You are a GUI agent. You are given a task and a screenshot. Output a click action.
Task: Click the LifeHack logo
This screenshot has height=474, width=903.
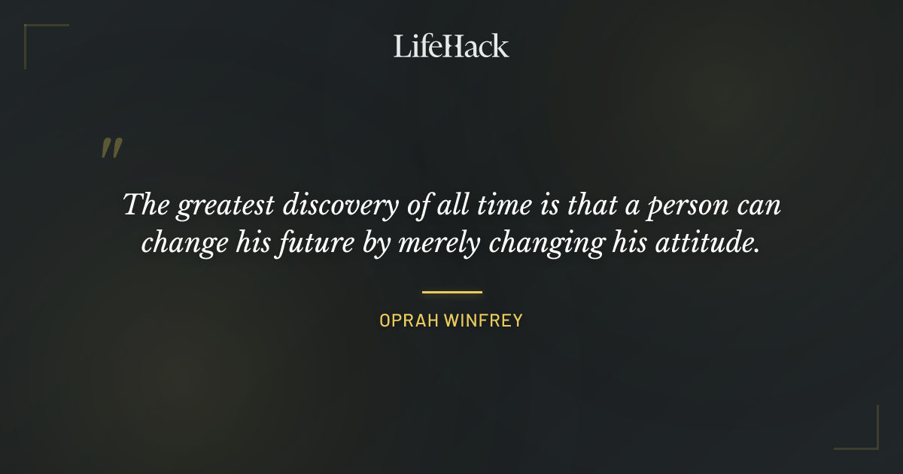(x=451, y=46)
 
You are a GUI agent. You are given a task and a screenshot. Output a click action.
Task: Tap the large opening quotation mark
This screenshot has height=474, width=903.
(x=111, y=148)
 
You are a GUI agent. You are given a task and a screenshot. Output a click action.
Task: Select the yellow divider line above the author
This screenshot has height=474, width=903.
(x=451, y=292)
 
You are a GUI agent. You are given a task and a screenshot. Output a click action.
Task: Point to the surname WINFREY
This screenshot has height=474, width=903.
(x=483, y=321)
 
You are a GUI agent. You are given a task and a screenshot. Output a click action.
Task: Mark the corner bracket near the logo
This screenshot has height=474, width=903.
(x=45, y=45)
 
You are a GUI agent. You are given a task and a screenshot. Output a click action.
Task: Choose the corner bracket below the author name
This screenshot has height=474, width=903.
(x=857, y=428)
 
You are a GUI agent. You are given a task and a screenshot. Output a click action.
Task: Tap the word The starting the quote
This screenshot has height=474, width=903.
(x=144, y=205)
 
